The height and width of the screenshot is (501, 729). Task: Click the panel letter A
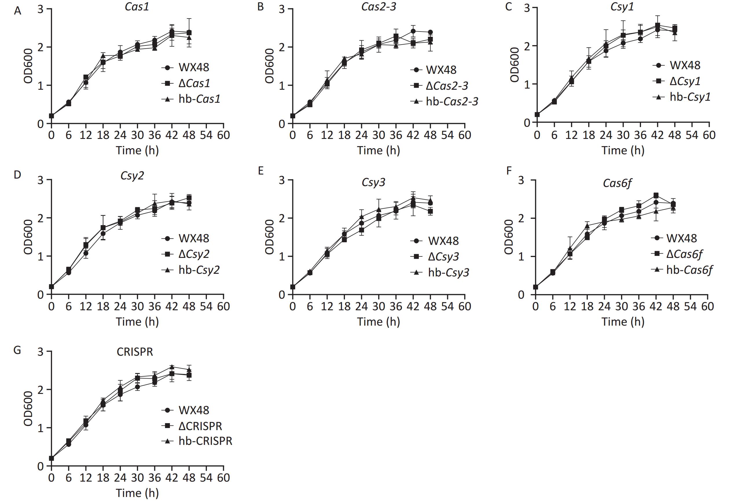point(18,11)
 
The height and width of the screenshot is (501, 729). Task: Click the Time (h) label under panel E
point(379,322)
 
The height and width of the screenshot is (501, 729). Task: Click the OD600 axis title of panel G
point(28,408)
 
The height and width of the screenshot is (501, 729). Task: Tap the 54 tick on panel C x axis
point(692,135)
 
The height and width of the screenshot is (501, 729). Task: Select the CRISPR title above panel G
point(135,352)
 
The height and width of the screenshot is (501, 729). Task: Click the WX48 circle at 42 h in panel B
point(413,31)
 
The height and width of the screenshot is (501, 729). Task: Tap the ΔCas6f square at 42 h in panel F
point(656,195)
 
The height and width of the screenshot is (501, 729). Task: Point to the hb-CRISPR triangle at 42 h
point(172,367)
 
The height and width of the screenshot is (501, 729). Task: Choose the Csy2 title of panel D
point(132,176)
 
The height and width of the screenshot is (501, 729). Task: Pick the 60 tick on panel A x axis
point(223,135)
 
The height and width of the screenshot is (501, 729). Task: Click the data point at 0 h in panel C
point(537,114)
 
